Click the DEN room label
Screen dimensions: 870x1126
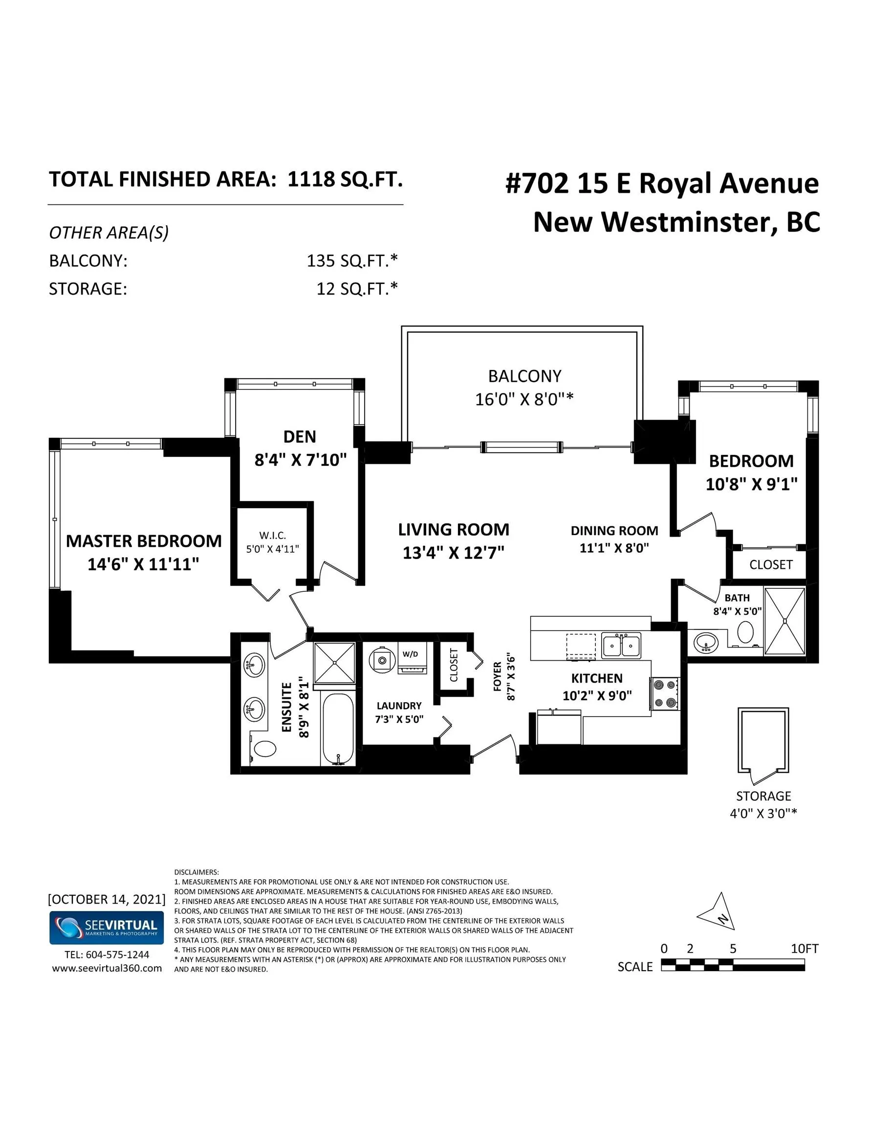click(300, 437)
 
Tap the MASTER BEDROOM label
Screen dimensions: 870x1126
click(144, 541)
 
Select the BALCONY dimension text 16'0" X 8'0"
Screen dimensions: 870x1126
click(524, 399)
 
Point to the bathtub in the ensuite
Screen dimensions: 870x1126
click(337, 729)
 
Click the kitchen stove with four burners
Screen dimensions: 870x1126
click(664, 693)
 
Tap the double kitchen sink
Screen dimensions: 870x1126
click(621, 646)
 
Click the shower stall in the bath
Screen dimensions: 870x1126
click(784, 621)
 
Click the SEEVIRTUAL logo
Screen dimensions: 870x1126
click(107, 928)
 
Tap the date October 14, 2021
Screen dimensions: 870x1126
click(107, 900)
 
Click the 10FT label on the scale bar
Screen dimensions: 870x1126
click(805, 948)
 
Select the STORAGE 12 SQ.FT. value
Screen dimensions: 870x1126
click(357, 289)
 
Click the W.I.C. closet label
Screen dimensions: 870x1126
click(272, 536)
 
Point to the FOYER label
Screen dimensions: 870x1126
click(497, 676)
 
